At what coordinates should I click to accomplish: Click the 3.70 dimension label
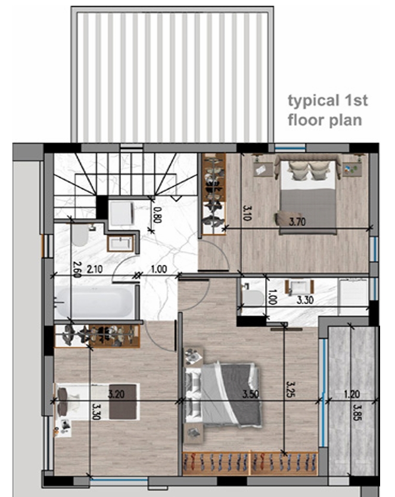pyautogui.click(x=297, y=222)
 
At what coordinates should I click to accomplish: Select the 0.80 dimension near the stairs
pyautogui.click(x=157, y=215)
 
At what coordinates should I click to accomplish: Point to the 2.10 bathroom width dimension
pyautogui.click(x=94, y=269)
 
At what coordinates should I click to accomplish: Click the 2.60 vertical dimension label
pyautogui.click(x=77, y=269)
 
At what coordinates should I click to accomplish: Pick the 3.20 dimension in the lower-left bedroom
pyautogui.click(x=116, y=395)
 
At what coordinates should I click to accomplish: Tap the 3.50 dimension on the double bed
pyautogui.click(x=251, y=395)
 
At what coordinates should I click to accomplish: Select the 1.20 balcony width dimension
pyautogui.click(x=352, y=395)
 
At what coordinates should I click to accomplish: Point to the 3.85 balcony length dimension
pyautogui.click(x=357, y=412)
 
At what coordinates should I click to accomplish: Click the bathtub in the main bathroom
pyautogui.click(x=95, y=302)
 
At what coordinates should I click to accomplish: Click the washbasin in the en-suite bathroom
pyautogui.click(x=299, y=287)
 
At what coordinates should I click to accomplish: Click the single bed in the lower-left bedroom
pyautogui.click(x=98, y=402)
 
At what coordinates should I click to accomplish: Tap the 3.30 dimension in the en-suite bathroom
pyautogui.click(x=304, y=300)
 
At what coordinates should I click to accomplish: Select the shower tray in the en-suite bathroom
pyautogui.click(x=353, y=297)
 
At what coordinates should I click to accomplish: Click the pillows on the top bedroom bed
pyautogui.click(x=308, y=171)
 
